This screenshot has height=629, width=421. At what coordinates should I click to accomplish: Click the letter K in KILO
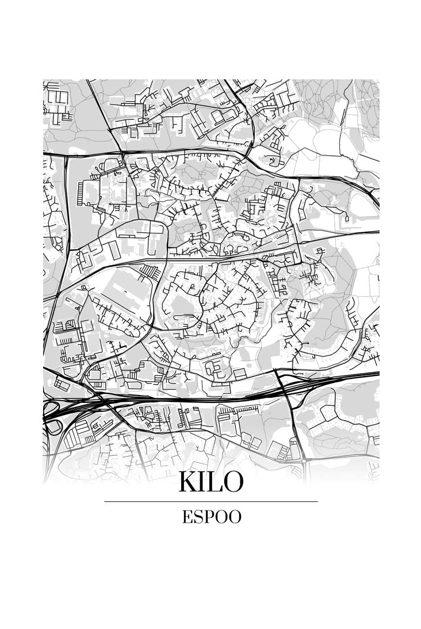tap(188, 482)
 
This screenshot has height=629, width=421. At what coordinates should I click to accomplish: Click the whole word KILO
tap(210, 482)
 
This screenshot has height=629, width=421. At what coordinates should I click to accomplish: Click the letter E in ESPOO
tap(187, 517)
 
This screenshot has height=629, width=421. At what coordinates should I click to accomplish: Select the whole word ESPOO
tap(211, 517)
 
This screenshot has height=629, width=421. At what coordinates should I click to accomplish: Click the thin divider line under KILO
tap(210, 501)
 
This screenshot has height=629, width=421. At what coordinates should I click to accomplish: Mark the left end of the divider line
tap(105, 501)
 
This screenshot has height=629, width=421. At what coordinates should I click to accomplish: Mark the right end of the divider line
tap(317, 501)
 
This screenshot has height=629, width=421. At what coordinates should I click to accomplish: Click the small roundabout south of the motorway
tap(304, 460)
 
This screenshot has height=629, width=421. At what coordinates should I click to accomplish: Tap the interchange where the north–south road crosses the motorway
tap(284, 386)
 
